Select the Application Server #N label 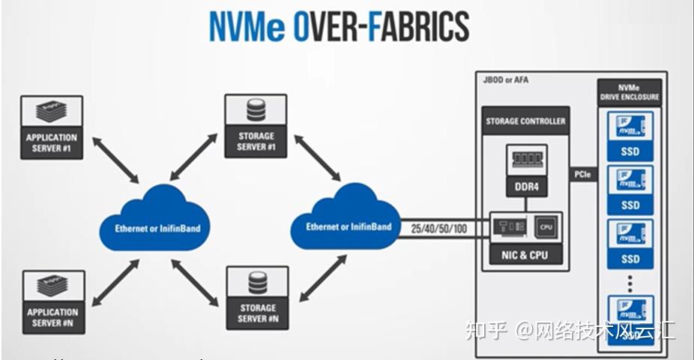[x=52, y=317]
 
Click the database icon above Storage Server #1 [x=256, y=112]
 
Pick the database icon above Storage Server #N [x=256, y=283]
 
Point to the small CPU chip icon [x=545, y=225]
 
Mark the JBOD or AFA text [x=506, y=79]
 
